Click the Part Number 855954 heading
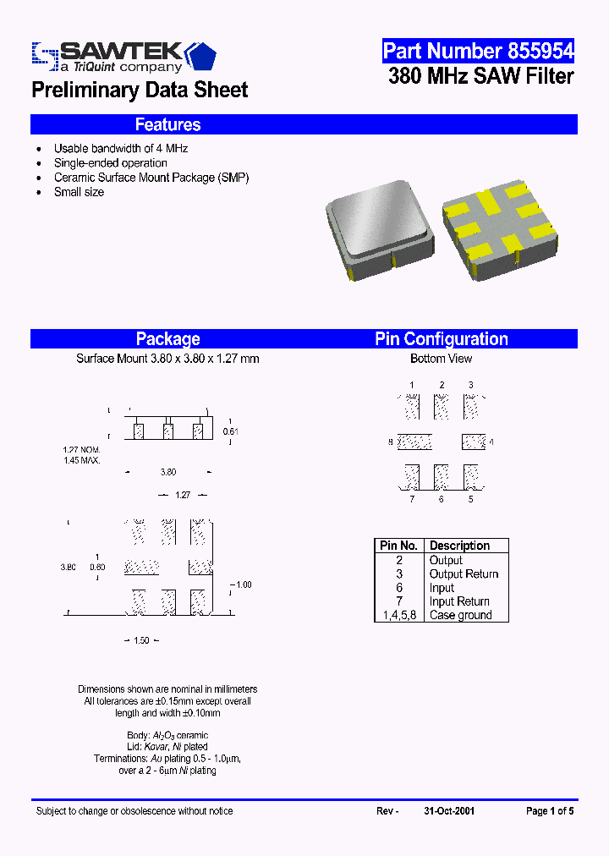click(x=478, y=51)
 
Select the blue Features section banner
click(x=304, y=124)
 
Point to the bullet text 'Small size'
click(x=79, y=192)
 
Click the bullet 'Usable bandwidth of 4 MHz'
click(x=121, y=148)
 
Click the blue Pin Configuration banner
click(x=442, y=339)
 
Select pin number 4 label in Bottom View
click(x=491, y=442)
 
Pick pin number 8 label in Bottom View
click(x=391, y=442)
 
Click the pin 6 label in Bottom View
click(x=441, y=499)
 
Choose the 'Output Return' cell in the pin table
click(x=464, y=573)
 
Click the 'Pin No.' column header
click(x=398, y=546)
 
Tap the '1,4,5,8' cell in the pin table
click(x=398, y=615)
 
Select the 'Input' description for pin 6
click(x=442, y=588)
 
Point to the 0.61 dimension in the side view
click(x=230, y=431)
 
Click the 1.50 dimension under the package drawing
click(x=141, y=640)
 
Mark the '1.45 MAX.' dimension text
click(x=81, y=460)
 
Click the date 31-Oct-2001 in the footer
click(x=449, y=811)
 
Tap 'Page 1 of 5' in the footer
click(x=550, y=811)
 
